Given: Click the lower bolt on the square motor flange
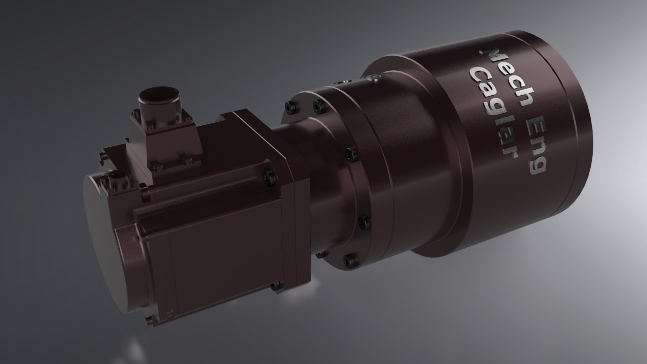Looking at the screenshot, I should (276, 286).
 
